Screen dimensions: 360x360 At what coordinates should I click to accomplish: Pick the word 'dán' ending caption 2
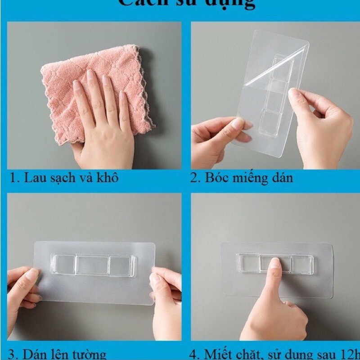point(282,178)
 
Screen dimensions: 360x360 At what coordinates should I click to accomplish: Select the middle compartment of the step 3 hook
point(92,265)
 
